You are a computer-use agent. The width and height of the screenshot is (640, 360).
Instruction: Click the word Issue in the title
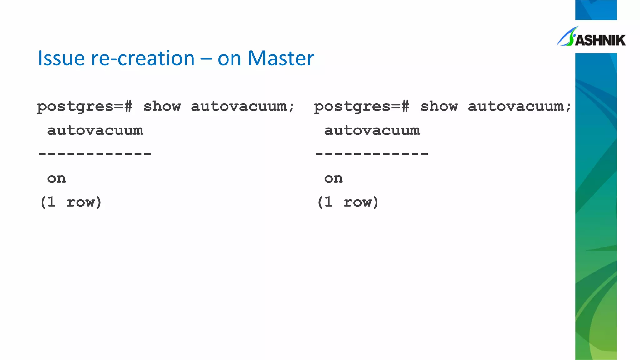[61, 58]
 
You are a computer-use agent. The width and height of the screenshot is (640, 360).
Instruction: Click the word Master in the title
[281, 58]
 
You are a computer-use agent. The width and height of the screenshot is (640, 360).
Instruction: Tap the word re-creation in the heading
[142, 58]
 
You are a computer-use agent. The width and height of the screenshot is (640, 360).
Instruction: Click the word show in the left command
[162, 106]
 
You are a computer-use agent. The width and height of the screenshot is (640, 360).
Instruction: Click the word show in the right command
[439, 106]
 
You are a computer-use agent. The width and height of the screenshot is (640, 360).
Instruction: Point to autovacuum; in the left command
[242, 106]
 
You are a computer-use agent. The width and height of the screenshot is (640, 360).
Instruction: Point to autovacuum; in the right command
[519, 106]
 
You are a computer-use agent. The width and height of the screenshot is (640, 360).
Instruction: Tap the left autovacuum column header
[95, 130]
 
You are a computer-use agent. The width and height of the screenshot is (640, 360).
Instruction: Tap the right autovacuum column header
[372, 130]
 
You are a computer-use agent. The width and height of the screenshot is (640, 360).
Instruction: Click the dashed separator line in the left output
[94, 154]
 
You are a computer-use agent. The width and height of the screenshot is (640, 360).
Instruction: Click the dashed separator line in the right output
[372, 154]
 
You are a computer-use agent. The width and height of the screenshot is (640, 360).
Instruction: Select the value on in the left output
[57, 178]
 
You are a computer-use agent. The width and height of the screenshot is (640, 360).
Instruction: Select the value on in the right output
[333, 178]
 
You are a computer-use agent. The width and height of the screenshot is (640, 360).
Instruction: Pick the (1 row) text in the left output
[71, 202]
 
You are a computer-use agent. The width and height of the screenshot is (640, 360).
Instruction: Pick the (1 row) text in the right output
[347, 202]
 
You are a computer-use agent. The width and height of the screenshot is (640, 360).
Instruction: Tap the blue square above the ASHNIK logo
[596, 10]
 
